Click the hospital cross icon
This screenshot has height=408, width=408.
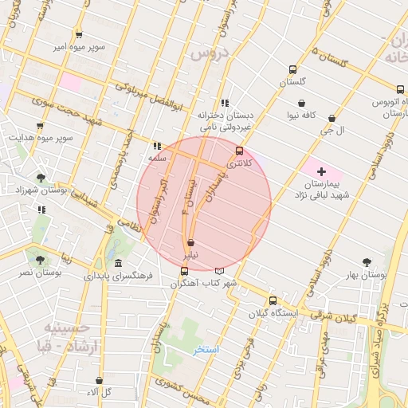point(321,171)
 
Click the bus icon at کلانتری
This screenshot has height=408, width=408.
point(239,150)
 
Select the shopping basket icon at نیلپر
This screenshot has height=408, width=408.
point(190,243)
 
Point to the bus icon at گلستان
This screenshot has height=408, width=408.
point(292,69)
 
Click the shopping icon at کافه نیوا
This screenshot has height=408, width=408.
point(301,102)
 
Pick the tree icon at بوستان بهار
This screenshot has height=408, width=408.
point(367,261)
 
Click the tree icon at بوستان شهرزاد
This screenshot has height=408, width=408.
point(41,178)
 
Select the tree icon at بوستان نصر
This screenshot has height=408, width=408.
point(40,259)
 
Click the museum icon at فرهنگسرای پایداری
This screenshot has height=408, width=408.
point(118,264)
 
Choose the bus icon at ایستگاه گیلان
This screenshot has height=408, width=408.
point(273,300)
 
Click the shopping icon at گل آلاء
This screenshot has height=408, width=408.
point(99,381)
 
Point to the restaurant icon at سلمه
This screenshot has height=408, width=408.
point(156,146)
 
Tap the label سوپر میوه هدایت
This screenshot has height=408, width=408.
point(41,138)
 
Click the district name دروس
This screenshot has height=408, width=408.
point(208,54)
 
